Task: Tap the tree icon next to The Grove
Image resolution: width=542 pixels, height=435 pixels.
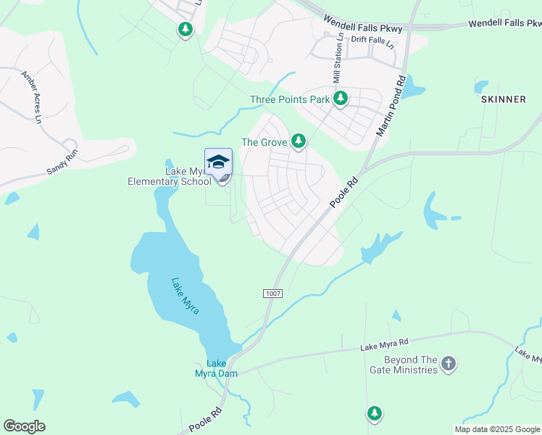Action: click(298, 142)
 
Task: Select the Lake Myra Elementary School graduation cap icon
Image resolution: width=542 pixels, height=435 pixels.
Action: click(218, 162)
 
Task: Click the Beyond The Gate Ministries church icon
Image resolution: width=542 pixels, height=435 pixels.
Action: click(449, 364)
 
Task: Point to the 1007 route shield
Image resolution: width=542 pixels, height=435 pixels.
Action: click(271, 293)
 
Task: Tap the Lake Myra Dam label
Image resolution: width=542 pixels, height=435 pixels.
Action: click(217, 368)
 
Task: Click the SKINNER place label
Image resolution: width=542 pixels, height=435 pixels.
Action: click(503, 99)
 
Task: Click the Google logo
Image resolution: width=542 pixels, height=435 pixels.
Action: click(24, 426)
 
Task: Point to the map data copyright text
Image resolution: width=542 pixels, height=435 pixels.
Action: click(497, 429)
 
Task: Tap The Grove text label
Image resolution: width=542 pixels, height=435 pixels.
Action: click(264, 142)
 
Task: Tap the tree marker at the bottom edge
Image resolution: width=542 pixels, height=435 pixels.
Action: click(374, 414)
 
